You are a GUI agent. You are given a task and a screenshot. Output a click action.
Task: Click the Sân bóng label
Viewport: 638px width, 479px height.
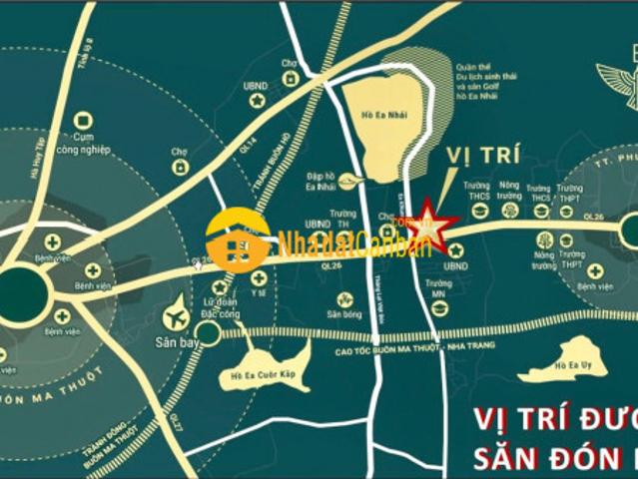click(x=344, y=313)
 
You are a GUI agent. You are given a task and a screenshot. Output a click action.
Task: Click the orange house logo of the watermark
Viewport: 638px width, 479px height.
click(x=238, y=240)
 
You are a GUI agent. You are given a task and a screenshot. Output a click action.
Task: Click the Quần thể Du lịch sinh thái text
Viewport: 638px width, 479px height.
click(x=489, y=77)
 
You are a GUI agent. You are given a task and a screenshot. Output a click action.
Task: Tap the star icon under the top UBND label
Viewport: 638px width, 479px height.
click(x=257, y=101)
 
